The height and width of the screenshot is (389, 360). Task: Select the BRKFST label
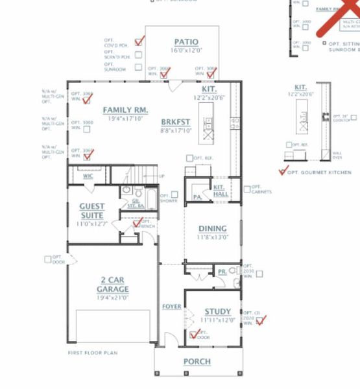click(x=176, y=121)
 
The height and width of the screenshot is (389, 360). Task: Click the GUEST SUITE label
click(x=91, y=210)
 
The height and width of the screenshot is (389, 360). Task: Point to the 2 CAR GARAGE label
click(x=112, y=285)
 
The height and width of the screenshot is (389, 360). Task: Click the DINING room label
click(x=212, y=228)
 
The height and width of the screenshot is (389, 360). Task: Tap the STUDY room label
click(x=217, y=312)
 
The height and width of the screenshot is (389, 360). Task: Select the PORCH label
click(x=197, y=361)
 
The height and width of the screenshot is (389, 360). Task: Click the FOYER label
click(x=171, y=306)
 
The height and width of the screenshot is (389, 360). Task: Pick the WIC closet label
click(x=88, y=176)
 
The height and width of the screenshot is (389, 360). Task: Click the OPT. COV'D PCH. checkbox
click(x=138, y=41)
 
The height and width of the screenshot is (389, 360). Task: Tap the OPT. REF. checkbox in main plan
click(x=189, y=158)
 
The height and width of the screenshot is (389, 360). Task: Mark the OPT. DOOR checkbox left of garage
click(x=48, y=259)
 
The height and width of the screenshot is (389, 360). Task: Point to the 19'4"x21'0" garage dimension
click(x=112, y=297)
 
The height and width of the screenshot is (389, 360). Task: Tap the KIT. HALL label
click(x=219, y=191)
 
